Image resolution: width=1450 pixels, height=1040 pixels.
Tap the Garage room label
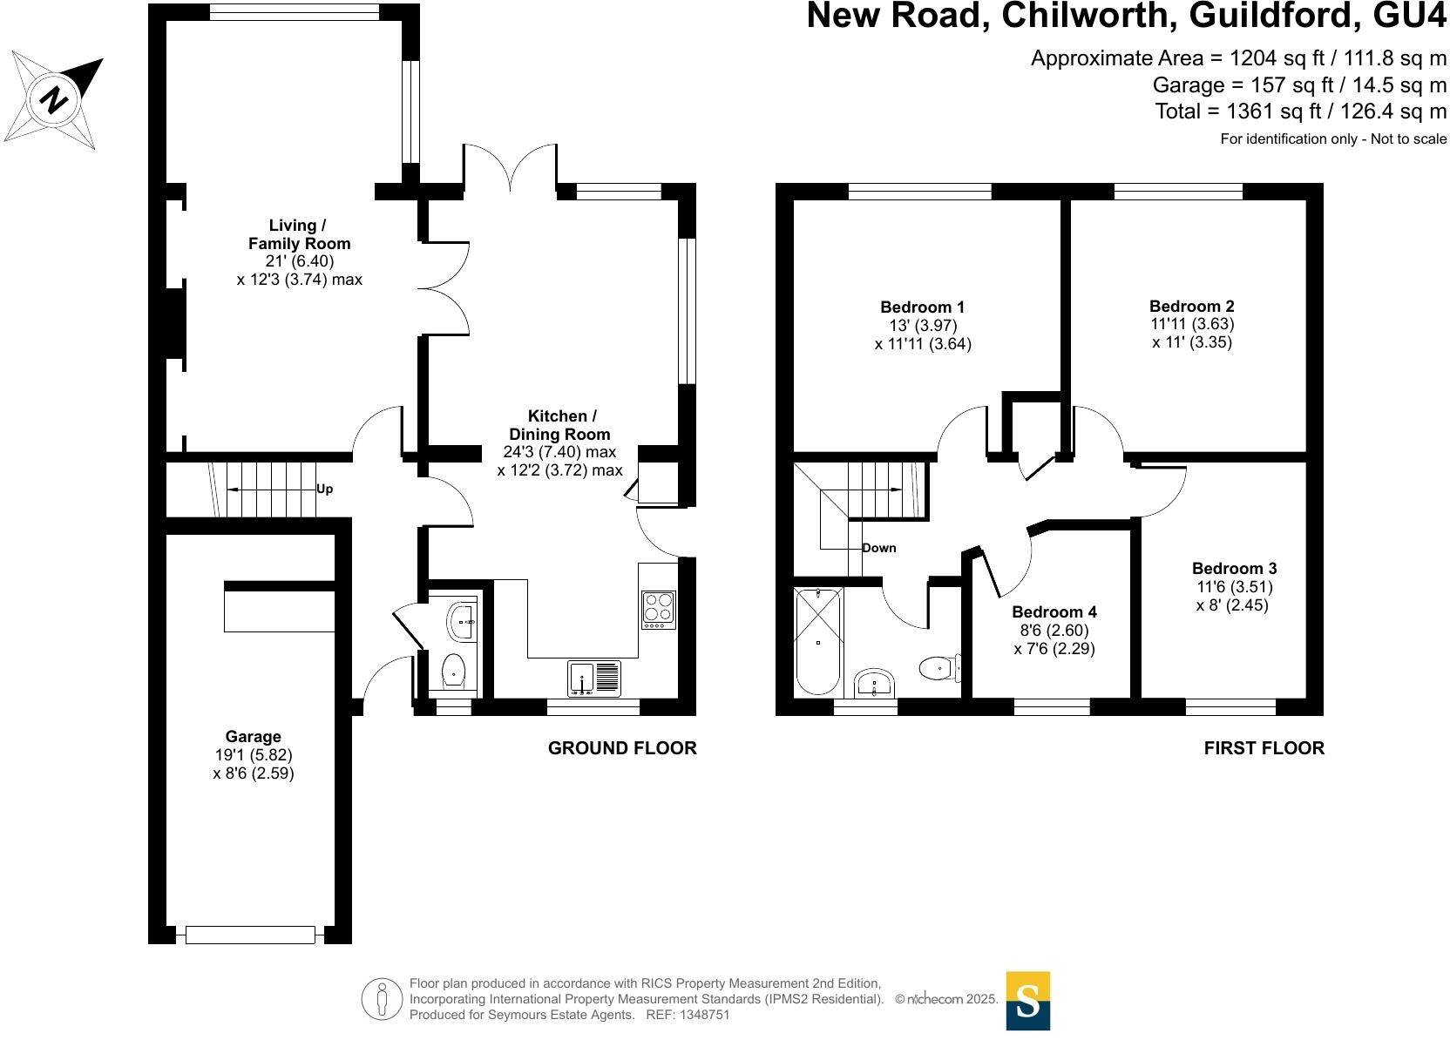pos(253,737)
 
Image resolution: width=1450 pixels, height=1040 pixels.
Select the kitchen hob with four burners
pos(659,610)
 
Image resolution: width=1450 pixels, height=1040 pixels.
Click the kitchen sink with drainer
pos(595,678)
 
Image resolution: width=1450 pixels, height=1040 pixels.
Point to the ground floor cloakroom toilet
pos(453,672)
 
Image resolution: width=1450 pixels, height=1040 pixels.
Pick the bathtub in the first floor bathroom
pos(818,641)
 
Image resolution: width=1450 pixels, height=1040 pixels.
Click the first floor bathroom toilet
pos(937,668)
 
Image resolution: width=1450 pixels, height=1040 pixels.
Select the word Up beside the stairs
pos(324,490)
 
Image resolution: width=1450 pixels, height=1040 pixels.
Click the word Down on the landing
pos(878,548)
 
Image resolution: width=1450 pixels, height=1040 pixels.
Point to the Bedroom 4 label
pos(1054,611)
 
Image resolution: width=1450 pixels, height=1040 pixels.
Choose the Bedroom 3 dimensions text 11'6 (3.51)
pos(1234,586)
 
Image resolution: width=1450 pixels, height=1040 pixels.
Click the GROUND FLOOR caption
pos(622,748)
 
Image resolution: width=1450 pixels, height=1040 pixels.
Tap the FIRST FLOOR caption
pos(1264,748)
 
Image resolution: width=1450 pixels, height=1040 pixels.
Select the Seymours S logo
pos(1028,1001)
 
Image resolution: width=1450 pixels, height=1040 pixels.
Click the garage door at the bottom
pos(250,935)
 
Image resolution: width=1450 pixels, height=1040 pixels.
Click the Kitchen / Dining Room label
pos(559,425)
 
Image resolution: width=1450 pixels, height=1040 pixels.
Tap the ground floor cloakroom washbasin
pos(460,620)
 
